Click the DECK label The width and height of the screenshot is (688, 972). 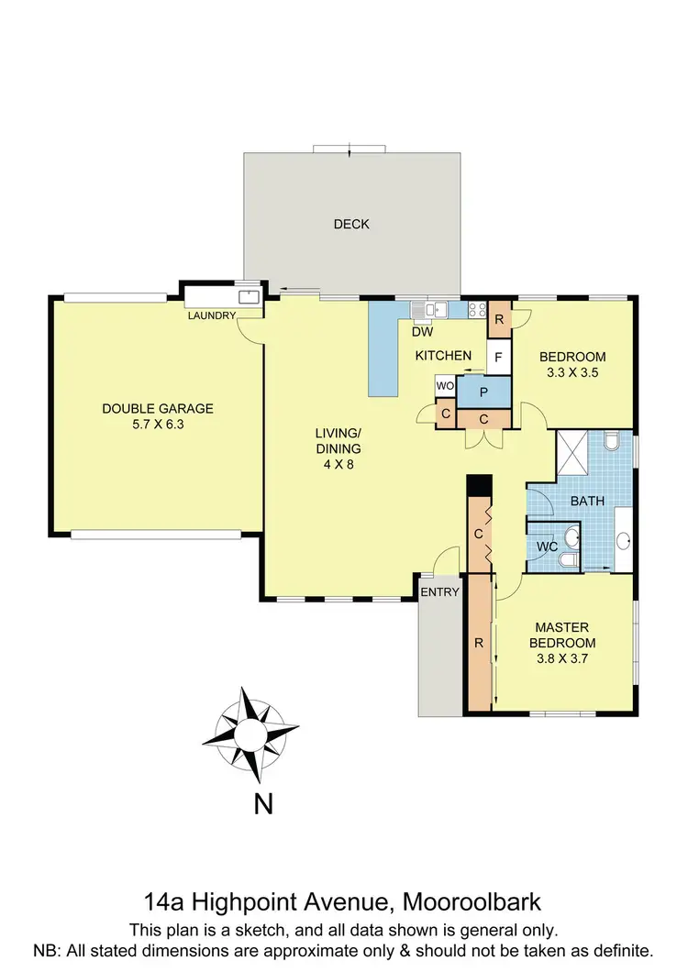(x=351, y=224)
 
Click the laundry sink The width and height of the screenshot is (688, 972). (x=248, y=297)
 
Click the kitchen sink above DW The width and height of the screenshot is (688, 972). (x=428, y=309)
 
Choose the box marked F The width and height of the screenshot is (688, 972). (x=498, y=357)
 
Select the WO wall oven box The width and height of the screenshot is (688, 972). (x=445, y=385)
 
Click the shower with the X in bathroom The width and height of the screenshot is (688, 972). (x=576, y=451)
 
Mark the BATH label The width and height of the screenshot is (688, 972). (x=586, y=502)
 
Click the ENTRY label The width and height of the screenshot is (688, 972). (x=439, y=591)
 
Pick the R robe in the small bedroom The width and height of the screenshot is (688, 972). (x=498, y=320)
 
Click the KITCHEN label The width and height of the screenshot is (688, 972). (x=443, y=356)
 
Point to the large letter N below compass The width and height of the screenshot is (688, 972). (x=263, y=804)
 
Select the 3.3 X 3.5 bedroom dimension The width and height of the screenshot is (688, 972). (x=572, y=373)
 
